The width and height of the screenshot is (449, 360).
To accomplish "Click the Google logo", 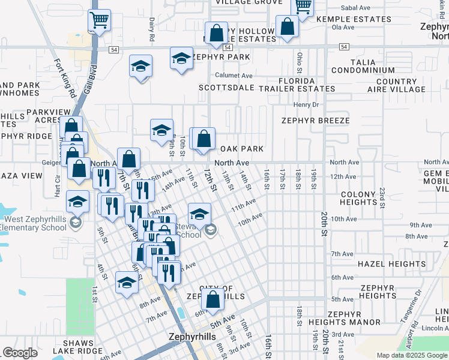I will (x=20, y=353).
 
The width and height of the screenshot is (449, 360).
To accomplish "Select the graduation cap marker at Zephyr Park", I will (x=181, y=59).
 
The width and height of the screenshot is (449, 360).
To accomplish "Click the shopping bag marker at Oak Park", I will (x=204, y=139).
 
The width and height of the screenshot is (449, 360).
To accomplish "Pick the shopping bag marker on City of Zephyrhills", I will (x=213, y=300).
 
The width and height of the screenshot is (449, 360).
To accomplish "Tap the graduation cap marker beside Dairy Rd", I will (x=140, y=67).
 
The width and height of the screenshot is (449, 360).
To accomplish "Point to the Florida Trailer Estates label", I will (x=297, y=85).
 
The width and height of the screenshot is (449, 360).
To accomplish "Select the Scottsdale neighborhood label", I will (x=226, y=88).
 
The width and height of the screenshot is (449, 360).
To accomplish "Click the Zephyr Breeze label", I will (x=315, y=121).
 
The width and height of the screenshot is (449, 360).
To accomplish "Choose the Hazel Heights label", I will (x=383, y=264).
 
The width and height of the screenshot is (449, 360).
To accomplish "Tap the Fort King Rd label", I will (x=65, y=78).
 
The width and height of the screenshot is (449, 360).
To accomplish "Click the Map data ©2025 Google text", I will (x=411, y=355).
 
